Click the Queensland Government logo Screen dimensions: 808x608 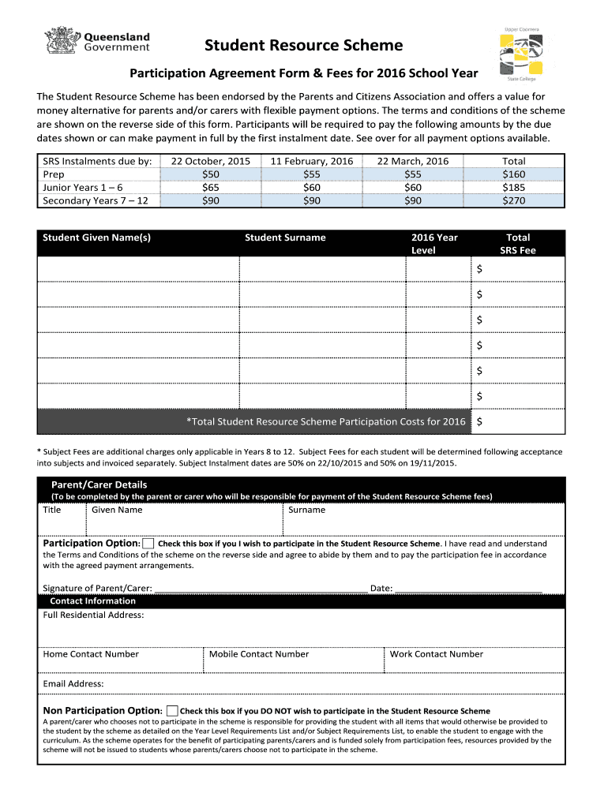click(99, 42)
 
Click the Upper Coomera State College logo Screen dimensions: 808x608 click(521, 54)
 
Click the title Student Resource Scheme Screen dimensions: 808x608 click(303, 46)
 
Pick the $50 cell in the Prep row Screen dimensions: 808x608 click(210, 174)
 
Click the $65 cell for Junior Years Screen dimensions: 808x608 click(210, 188)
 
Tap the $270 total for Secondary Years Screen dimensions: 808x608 click(513, 200)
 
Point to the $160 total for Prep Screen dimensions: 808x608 click(513, 174)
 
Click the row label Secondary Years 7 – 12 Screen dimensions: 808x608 click(96, 200)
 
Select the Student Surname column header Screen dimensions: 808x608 click(285, 238)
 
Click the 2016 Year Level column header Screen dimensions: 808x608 click(434, 244)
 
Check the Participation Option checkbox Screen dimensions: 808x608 click(148, 544)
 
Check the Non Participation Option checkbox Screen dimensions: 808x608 click(173, 711)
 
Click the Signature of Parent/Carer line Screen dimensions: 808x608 click(261, 589)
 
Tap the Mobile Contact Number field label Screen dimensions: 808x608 click(259, 654)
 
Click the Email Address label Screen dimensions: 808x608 click(73, 684)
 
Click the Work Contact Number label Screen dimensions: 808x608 click(437, 654)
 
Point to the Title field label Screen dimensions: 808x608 click(52, 510)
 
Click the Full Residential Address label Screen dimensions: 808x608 click(93, 615)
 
